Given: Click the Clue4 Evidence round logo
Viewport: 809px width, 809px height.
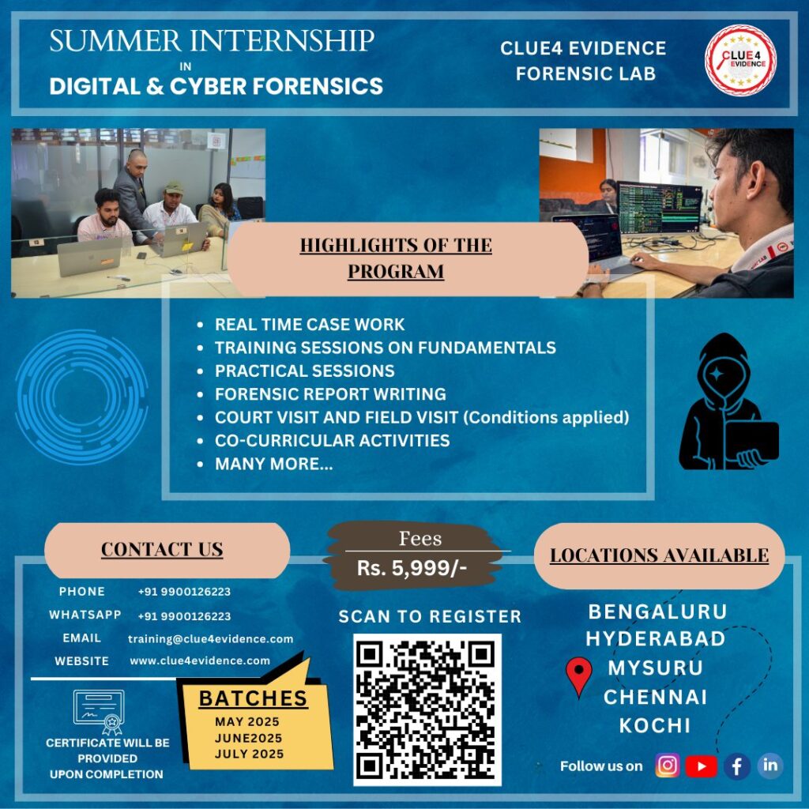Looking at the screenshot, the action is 740,60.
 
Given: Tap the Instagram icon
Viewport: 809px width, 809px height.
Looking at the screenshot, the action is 667,765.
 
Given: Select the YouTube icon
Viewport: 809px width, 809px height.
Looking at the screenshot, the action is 702,766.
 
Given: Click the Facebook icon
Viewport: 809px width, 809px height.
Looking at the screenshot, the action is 737,766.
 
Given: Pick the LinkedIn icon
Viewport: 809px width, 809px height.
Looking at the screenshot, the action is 770,765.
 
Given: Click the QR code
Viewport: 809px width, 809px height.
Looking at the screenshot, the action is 427,709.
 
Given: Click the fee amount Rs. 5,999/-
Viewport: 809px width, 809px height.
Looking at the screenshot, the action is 412,568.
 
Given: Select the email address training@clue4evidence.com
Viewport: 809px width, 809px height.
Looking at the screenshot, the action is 210,638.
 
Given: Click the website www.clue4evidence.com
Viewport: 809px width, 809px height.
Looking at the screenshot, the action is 200,660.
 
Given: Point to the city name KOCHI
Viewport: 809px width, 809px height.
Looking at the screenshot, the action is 655,725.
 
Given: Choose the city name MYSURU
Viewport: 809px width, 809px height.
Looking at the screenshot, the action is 655,668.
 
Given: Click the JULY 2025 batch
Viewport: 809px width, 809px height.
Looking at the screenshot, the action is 249,754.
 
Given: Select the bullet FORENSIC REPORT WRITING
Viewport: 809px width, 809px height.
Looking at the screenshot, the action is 330,393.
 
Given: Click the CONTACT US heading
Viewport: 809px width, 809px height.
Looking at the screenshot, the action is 162,550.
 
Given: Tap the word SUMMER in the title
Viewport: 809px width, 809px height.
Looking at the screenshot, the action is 115,41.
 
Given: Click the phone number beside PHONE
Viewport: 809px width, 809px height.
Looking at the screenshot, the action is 184,592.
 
